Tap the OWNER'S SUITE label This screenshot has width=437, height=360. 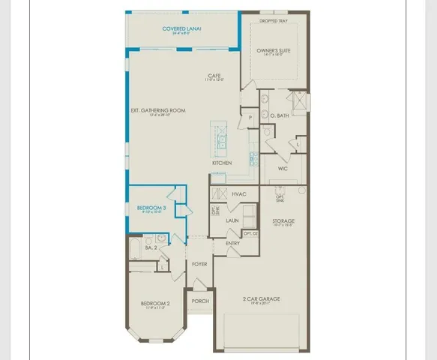273,50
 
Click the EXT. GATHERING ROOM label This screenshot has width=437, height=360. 157,110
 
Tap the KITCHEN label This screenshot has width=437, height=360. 222,163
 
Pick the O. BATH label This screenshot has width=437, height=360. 283,115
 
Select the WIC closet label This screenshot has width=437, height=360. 282,169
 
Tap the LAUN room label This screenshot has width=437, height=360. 233,221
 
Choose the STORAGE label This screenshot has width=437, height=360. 283,221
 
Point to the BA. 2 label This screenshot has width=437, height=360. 150,247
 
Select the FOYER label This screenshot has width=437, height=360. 199,264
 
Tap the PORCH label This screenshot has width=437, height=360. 199,301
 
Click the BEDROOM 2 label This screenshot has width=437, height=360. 157,304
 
